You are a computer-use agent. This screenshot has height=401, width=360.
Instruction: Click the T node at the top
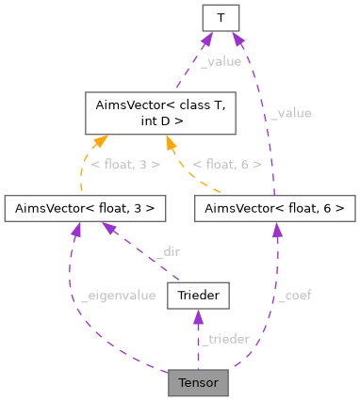(x=221, y=16)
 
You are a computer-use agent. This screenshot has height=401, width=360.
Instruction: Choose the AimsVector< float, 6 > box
(x=275, y=207)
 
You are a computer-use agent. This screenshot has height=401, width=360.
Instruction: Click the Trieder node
(x=198, y=297)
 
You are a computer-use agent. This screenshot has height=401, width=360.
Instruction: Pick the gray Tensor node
(x=198, y=383)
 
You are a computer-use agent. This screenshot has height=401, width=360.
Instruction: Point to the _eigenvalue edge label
(x=118, y=296)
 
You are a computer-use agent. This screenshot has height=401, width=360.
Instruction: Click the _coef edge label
(x=294, y=296)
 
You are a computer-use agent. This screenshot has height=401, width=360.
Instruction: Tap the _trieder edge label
(x=226, y=339)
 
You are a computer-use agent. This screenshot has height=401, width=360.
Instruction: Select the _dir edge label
(x=168, y=252)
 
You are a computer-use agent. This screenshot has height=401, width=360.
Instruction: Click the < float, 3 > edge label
(x=124, y=164)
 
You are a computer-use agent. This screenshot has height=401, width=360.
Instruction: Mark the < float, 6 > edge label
(x=225, y=164)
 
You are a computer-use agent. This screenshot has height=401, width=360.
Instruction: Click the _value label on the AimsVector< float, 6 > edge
(x=290, y=113)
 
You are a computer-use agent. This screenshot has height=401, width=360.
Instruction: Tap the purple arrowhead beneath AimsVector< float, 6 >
(x=275, y=228)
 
